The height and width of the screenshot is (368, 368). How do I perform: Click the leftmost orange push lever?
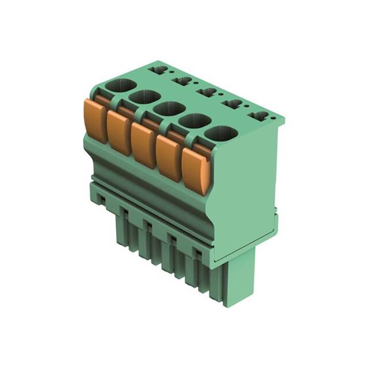point(95,120)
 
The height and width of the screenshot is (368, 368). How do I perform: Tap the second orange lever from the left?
point(119,132)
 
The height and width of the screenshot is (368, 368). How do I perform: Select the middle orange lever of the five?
point(143,144)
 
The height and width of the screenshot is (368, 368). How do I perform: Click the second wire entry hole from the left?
point(144,98)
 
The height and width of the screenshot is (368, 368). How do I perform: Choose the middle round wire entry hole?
point(168,109)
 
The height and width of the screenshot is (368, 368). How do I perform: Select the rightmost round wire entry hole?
point(221,134)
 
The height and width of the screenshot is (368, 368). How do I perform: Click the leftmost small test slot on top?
point(159,70)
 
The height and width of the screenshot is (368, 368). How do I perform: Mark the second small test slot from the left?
point(183,81)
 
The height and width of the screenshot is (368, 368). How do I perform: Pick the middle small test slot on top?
point(207,92)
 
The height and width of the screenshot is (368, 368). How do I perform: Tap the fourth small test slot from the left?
point(233,104)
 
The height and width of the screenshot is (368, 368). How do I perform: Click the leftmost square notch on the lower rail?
point(124,212)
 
